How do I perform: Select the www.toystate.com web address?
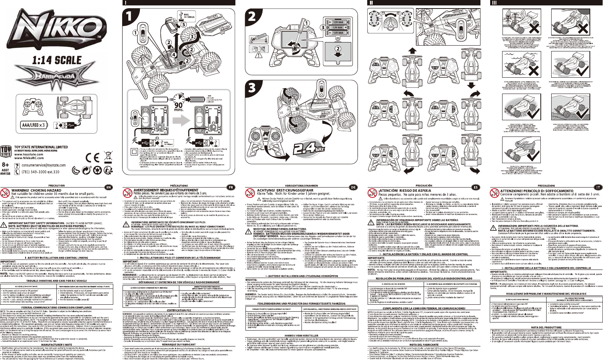(29, 154)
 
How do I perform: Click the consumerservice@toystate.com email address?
(43, 165)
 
